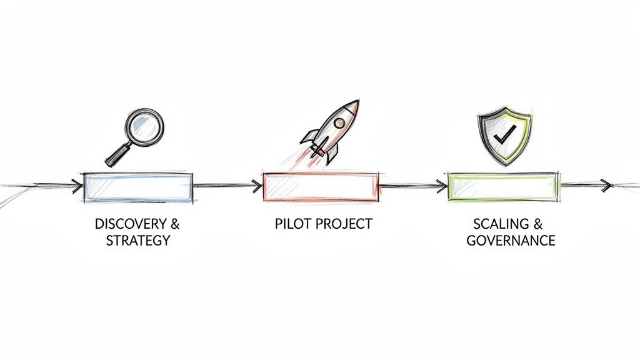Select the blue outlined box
coord(138,187)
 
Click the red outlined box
coord(321,187)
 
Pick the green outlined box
coord(502,186)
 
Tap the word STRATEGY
coord(137,241)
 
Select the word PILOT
coord(291,224)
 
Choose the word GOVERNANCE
coord(511,241)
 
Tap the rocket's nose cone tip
coord(356,102)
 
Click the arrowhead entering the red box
coord(256,185)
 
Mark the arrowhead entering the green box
coord(442,185)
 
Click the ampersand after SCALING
coord(538,224)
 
